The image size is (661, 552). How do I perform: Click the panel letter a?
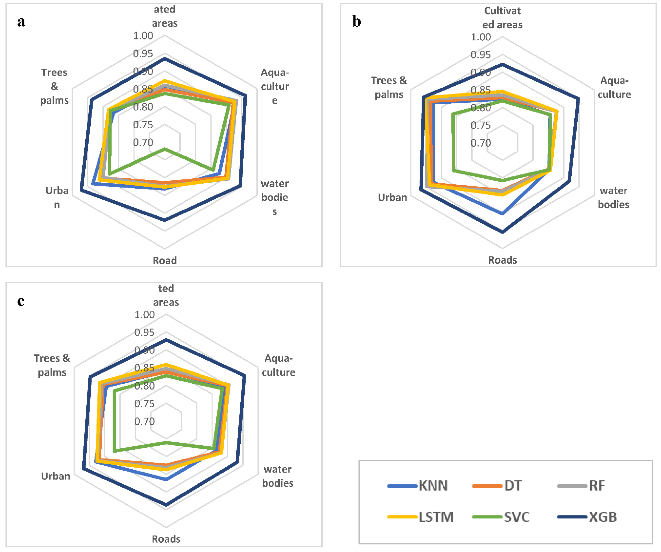(x=21, y=22)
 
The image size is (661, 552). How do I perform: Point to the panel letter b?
(x=357, y=22)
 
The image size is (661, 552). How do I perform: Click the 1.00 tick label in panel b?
(x=481, y=37)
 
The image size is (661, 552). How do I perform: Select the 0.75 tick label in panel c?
(x=144, y=404)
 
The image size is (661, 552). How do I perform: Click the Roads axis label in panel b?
(x=502, y=260)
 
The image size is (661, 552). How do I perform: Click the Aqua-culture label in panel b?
(x=614, y=88)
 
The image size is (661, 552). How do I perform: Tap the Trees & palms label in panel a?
(x=54, y=86)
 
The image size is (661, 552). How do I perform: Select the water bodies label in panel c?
(x=278, y=476)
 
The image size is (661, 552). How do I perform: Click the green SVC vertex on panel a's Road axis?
(x=164, y=149)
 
